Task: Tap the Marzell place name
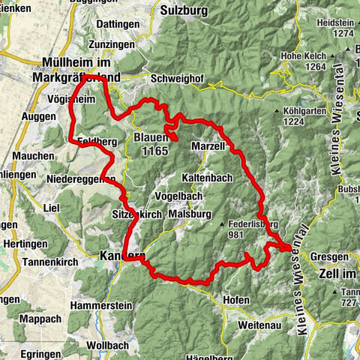pyautogui.click(x=208, y=146)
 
